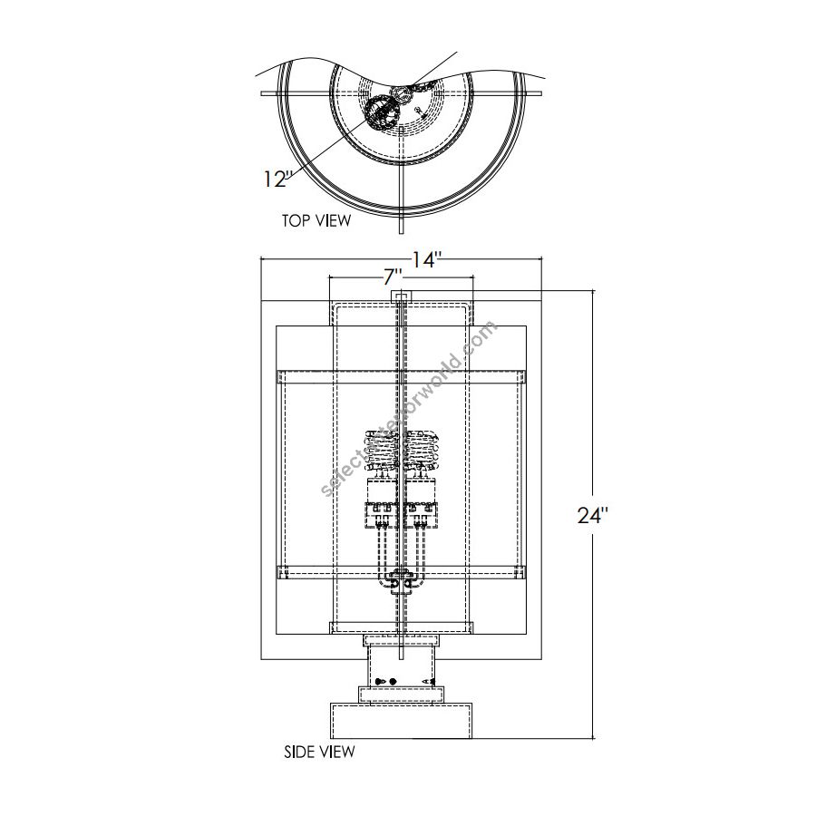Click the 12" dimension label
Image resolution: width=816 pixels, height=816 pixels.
[x=274, y=179]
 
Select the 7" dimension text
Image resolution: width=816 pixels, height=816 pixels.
[x=393, y=277]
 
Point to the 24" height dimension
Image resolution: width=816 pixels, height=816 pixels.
[x=592, y=516]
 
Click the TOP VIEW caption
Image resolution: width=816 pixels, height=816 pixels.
[x=316, y=219]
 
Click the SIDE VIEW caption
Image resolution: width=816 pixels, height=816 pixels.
[x=319, y=752]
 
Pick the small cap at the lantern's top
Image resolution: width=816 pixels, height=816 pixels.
[x=400, y=296]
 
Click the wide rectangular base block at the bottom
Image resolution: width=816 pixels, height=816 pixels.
[x=401, y=723]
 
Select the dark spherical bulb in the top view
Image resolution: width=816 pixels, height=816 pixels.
[x=381, y=113]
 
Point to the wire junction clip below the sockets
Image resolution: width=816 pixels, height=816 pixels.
[x=400, y=580]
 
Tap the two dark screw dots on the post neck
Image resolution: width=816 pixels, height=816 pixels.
[x=386, y=681]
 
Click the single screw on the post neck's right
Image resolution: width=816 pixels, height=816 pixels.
[x=432, y=681]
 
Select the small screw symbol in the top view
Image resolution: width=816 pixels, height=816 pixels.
[x=419, y=111]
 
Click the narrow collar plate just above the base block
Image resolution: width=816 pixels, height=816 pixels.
[x=401, y=695]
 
